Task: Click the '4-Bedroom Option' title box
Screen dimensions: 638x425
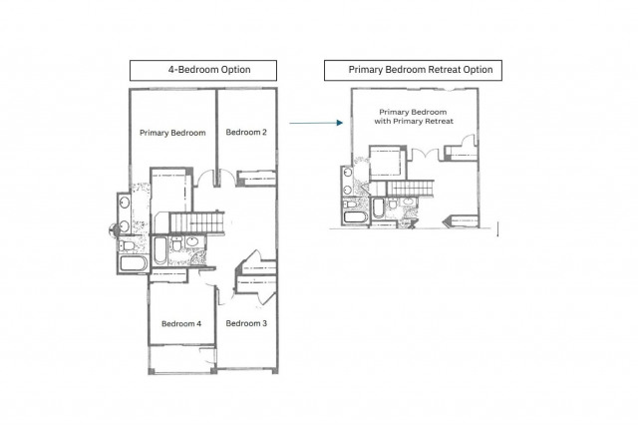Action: pyautogui.click(x=203, y=71)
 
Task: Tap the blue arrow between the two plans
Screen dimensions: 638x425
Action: pyautogui.click(x=316, y=123)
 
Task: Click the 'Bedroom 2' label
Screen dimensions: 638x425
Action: pyautogui.click(x=246, y=133)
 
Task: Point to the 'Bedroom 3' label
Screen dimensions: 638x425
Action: pyautogui.click(x=246, y=323)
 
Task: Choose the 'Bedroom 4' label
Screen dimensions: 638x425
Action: pyautogui.click(x=181, y=324)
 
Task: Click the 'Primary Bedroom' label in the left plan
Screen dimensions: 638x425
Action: pyautogui.click(x=172, y=133)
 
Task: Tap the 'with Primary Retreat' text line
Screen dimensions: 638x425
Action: pyautogui.click(x=414, y=122)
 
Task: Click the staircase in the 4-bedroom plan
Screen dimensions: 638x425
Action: pyautogui.click(x=197, y=222)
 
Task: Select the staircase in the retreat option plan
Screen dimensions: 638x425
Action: pyautogui.click(x=410, y=189)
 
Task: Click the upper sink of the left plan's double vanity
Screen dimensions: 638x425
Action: pyautogui.click(x=125, y=203)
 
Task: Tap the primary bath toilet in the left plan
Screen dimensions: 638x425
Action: pyautogui.click(x=127, y=245)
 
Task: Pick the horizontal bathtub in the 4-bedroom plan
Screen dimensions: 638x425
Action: pyautogui.click(x=134, y=263)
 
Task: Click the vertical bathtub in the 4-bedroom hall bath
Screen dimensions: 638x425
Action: pyautogui.click(x=159, y=250)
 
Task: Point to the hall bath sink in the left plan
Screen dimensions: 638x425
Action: pyautogui.click(x=191, y=241)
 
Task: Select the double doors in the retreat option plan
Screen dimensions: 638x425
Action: pyautogui.click(x=425, y=155)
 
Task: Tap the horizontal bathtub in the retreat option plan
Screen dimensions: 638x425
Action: pyautogui.click(x=356, y=216)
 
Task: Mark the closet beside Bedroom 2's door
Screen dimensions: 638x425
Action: pyautogui.click(x=257, y=179)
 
